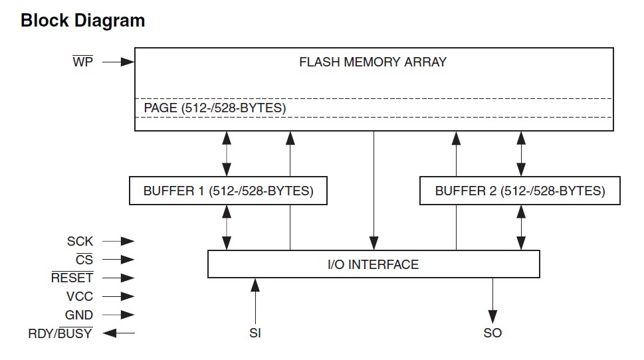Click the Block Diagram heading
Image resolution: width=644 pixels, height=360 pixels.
[x=82, y=21]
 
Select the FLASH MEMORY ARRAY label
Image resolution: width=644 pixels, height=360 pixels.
[x=373, y=62]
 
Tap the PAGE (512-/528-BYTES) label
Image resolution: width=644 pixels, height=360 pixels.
[x=215, y=108]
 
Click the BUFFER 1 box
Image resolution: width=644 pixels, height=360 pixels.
[x=228, y=191]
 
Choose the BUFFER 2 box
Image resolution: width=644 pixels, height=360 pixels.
[x=520, y=191]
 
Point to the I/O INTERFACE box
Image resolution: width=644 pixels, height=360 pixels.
[x=374, y=264]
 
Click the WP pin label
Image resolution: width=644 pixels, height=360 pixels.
[x=82, y=62]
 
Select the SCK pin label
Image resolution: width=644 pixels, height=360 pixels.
[x=80, y=241]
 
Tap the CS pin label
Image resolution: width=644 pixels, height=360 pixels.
[x=84, y=260]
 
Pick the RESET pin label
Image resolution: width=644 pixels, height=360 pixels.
[x=72, y=278]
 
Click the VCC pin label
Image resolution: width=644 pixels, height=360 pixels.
[x=80, y=296]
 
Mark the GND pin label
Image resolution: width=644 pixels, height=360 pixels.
[x=79, y=315]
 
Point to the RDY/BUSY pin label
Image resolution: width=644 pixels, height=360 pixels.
[x=60, y=333]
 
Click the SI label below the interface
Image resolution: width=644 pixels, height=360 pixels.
[x=255, y=333]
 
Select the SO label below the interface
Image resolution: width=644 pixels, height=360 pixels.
[x=492, y=333]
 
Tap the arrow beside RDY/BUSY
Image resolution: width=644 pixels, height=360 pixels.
[x=119, y=333]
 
